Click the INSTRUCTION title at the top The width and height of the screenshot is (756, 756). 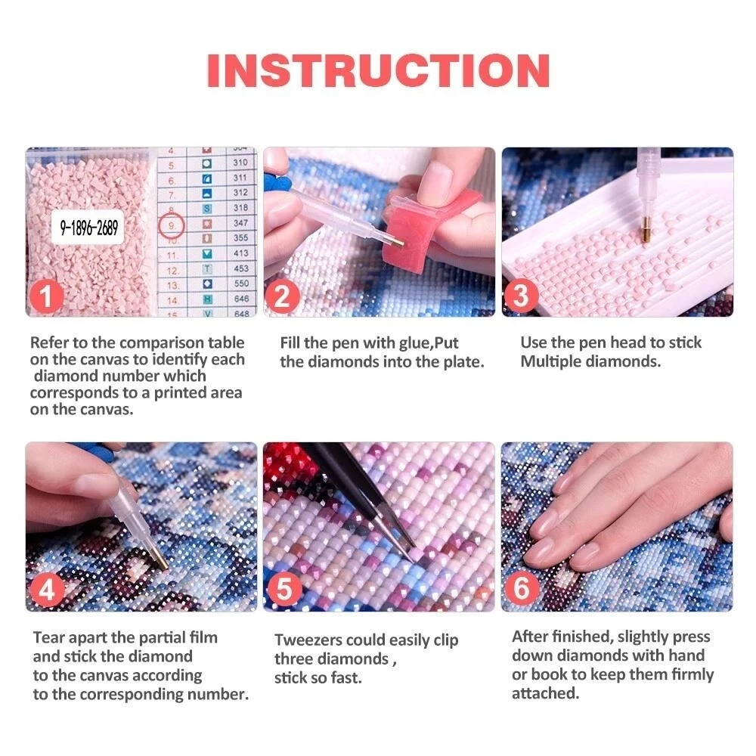coord(378,70)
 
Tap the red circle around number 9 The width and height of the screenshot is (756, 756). coord(172,225)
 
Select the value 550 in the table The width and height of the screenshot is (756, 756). coord(240,283)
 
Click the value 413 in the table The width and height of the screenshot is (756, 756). coord(240,254)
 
